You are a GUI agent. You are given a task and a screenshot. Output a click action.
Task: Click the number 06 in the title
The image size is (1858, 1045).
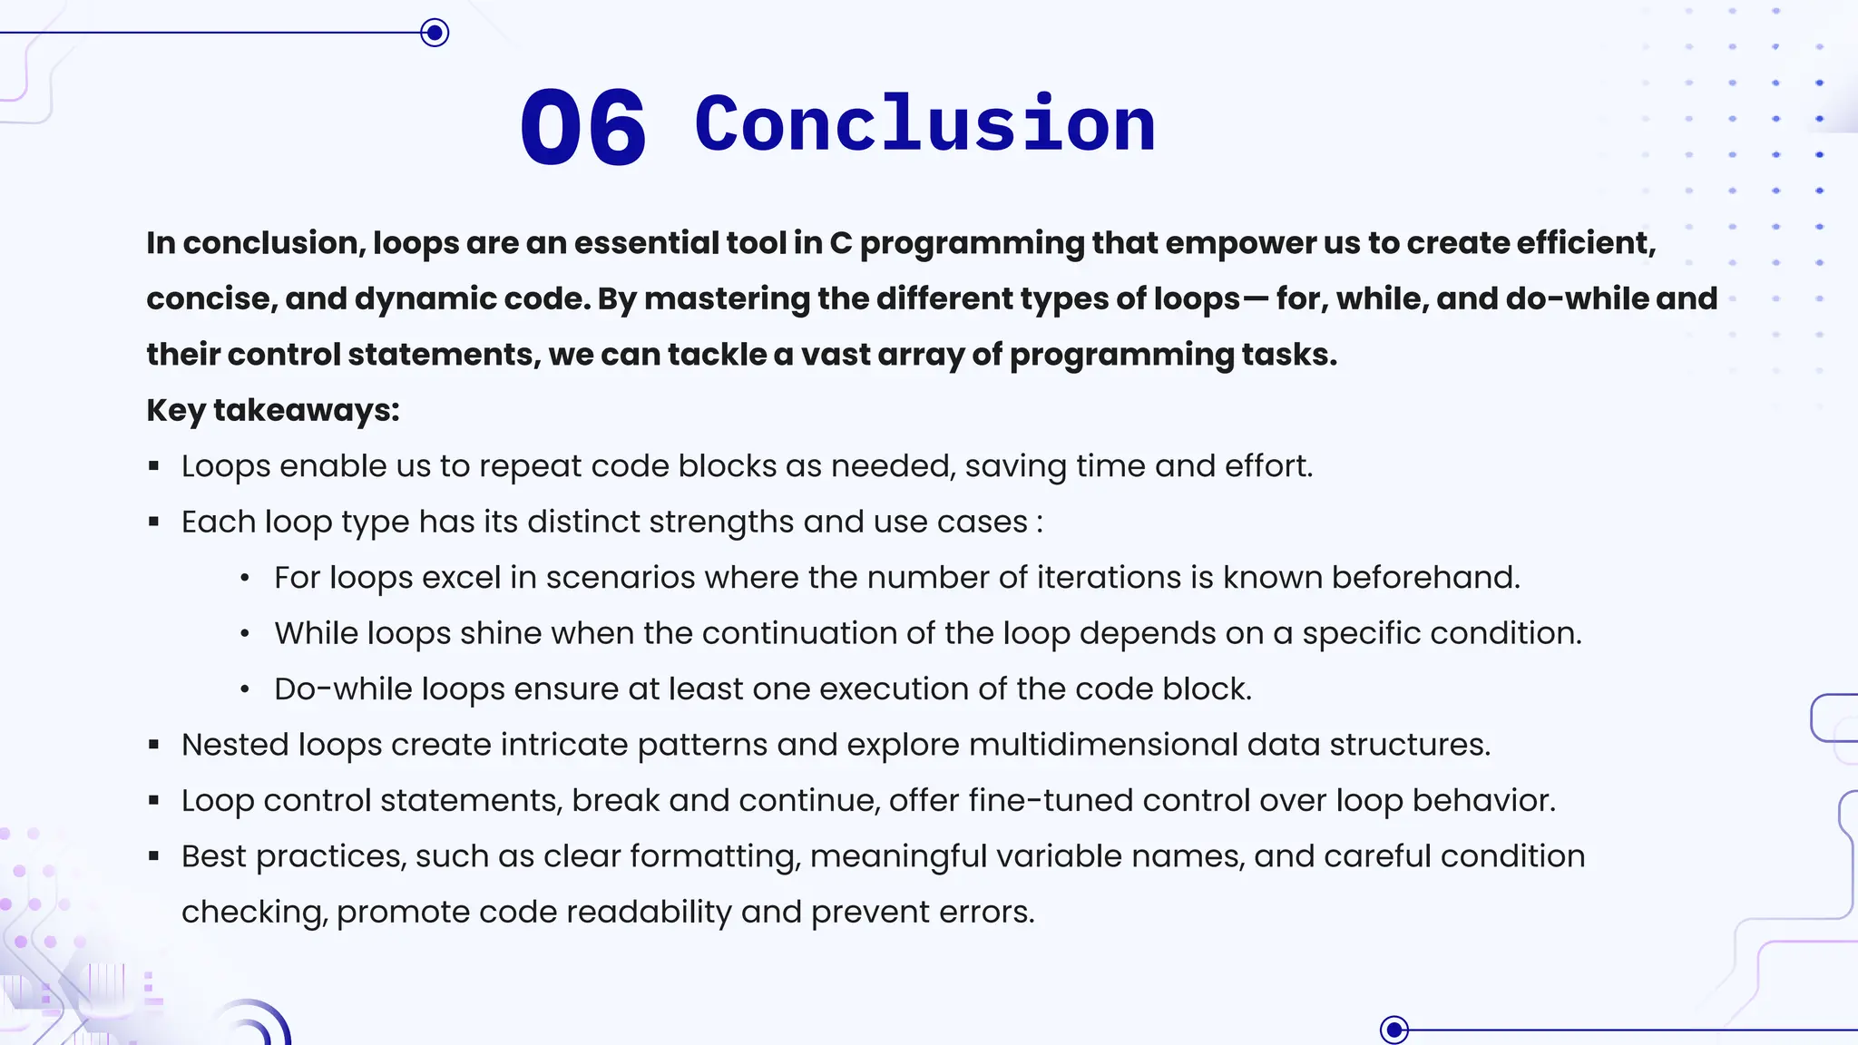tap(583, 127)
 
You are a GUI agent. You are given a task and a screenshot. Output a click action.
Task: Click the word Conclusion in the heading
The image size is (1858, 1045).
tap(924, 124)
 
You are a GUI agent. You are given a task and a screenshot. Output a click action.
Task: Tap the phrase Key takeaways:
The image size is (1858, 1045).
tap(273, 410)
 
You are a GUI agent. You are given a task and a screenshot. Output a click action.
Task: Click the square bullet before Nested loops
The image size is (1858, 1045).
tap(154, 745)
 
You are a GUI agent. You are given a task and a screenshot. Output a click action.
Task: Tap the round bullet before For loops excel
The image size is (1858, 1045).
tap(245, 578)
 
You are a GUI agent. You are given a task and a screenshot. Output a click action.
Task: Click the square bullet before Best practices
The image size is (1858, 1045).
tap(154, 856)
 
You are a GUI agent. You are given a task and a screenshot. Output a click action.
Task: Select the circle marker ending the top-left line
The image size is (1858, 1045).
tap(435, 34)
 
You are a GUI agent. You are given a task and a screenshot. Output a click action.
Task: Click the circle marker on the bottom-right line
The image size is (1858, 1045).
tap(1394, 1030)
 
